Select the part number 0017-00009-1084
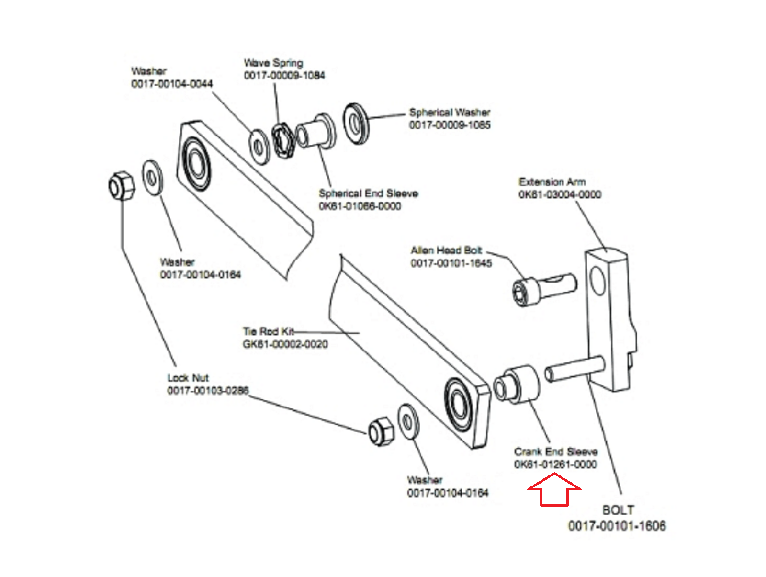tap(284, 75)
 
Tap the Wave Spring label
tap(273, 63)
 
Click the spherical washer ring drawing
tap(356, 123)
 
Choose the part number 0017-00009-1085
tap(450, 125)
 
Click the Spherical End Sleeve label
tap(368, 193)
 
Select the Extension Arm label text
tap(552, 182)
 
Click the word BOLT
tap(618, 510)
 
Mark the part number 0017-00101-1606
tap(617, 526)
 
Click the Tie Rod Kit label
tap(268, 331)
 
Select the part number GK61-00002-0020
tap(285, 344)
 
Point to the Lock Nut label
tap(188, 378)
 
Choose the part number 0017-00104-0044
tap(172, 84)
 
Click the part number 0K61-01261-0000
tap(555, 464)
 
